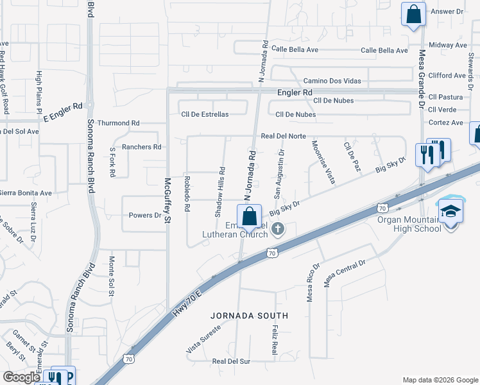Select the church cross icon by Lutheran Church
(x=278, y=228)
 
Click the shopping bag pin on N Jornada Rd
(x=249, y=216)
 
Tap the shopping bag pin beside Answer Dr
(x=413, y=13)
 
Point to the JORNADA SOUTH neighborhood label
(x=250, y=316)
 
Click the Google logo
(x=21, y=377)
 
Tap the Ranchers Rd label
(x=142, y=147)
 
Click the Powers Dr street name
(x=144, y=216)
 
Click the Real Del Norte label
(x=284, y=136)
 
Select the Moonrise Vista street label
(x=323, y=162)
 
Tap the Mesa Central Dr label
(x=345, y=273)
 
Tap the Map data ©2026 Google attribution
(x=440, y=379)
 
